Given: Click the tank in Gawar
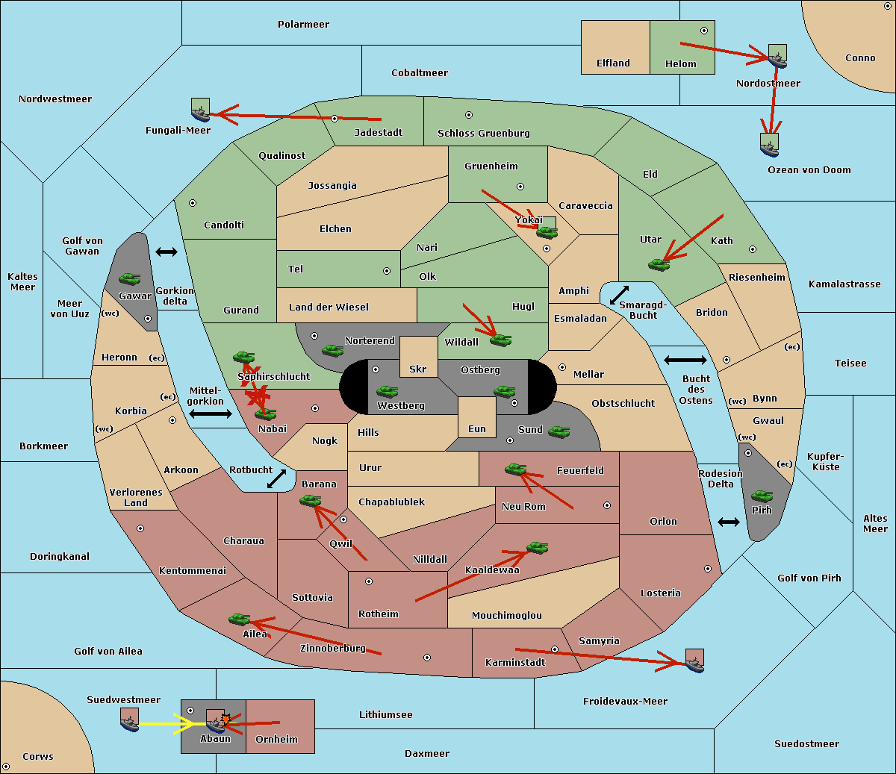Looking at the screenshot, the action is tap(130, 278).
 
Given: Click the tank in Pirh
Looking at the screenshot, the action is tap(762, 496).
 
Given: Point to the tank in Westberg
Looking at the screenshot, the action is tap(387, 391).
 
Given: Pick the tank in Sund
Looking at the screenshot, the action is tap(559, 432).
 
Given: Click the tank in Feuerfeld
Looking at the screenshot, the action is tap(515, 469).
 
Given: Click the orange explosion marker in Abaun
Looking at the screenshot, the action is tap(225, 720).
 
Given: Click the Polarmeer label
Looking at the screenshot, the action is tap(303, 25).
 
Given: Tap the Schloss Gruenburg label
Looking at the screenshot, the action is tap(484, 133).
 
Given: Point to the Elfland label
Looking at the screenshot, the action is tap(613, 63).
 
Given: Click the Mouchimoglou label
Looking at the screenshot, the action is tap(507, 615).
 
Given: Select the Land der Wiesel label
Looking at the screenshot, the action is tap(329, 308).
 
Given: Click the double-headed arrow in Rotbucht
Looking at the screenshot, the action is tap(276, 478).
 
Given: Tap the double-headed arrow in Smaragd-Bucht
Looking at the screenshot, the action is tap(619, 295).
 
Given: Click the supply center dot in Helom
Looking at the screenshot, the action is tap(704, 31).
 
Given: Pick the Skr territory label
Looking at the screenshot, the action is tap(418, 369).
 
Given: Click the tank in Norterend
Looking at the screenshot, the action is tap(332, 350).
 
